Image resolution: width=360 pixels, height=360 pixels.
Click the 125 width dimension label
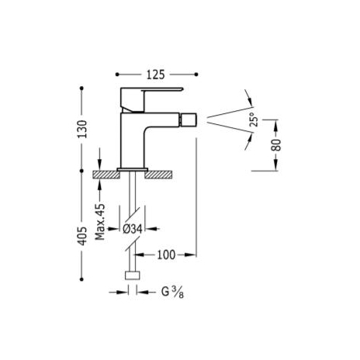pyautogui.click(x=156, y=74)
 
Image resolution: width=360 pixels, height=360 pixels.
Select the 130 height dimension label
pyautogui.click(x=83, y=129)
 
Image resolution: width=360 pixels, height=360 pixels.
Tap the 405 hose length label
pyautogui.click(x=83, y=236)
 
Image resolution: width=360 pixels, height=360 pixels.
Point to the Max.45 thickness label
pyautogui.click(x=100, y=222)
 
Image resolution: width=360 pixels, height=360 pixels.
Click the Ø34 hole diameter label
pyautogui.click(x=133, y=229)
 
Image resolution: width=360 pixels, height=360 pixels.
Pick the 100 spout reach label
pyautogui.click(x=166, y=255)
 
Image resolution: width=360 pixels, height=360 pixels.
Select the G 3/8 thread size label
pyautogui.click(x=172, y=292)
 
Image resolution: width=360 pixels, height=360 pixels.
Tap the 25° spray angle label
pyautogui.click(x=254, y=119)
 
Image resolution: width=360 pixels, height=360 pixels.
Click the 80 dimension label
pyautogui.click(x=276, y=145)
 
